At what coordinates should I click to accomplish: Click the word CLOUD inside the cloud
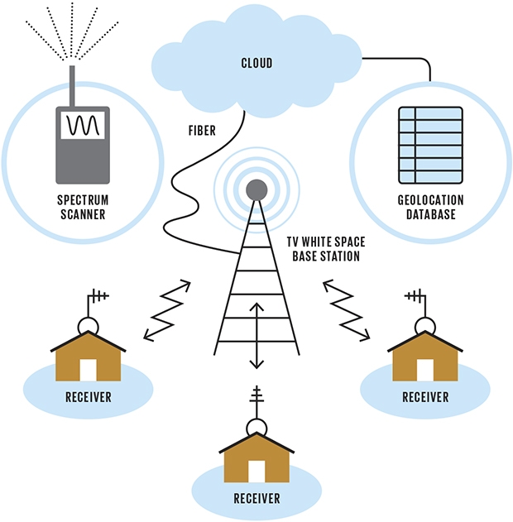pos(256,63)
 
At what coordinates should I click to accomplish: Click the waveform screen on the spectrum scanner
pos(82,127)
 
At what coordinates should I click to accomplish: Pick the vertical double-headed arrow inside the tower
pos(256,335)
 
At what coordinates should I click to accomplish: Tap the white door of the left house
pos(89,369)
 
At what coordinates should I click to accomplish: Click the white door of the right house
pos(424,369)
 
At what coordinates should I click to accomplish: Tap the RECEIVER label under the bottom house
pos(256,499)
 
